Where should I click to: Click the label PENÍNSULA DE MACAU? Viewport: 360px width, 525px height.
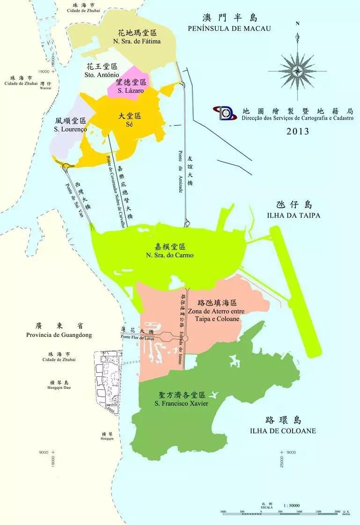pos(229,29)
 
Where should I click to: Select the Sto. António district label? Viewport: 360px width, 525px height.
pos(102,75)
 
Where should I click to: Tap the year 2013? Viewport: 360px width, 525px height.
pos(298,131)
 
